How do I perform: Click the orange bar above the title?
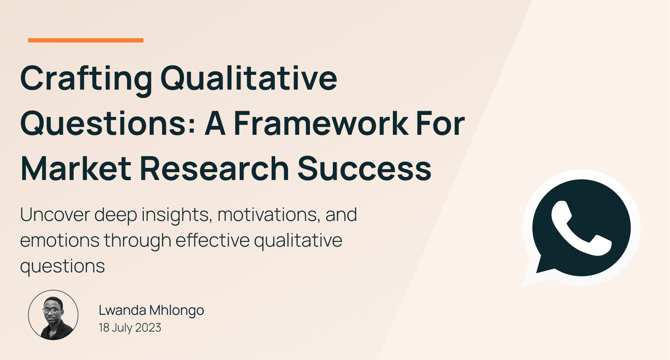point(86,40)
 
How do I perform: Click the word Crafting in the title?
point(86,78)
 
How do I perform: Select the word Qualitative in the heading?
point(249,78)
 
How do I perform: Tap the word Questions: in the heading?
point(108,124)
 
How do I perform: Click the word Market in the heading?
point(76,169)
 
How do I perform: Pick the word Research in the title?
point(214,169)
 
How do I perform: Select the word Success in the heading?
point(364,169)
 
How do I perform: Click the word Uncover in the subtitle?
point(55,215)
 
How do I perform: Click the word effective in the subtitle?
point(212,240)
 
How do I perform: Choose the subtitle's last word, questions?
point(62,266)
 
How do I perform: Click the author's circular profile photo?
point(53,315)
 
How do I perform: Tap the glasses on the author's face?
point(52,311)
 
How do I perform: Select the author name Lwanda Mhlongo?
point(151,310)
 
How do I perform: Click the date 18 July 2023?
point(130,328)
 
